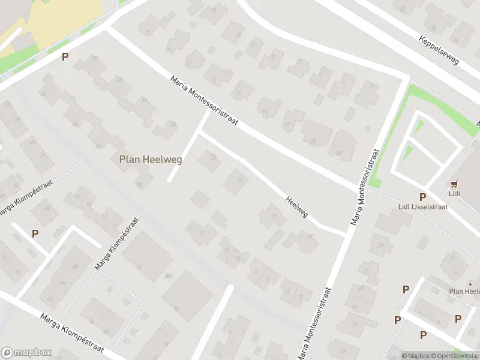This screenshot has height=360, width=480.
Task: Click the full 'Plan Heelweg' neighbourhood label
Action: coord(151,160)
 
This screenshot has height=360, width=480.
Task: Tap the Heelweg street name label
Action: coord(296,208)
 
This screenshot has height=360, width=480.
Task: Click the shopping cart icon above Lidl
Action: coord(454,185)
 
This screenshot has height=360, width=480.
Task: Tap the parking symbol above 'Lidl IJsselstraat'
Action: coord(422,197)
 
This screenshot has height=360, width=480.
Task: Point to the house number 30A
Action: coord(94,59)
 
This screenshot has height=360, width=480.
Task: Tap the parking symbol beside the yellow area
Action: coord(65,57)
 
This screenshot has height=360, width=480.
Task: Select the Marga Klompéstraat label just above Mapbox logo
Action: coord(72,334)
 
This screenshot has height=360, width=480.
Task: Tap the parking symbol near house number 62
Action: coord(35,234)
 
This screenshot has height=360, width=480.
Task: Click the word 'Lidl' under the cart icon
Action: coord(454,194)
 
